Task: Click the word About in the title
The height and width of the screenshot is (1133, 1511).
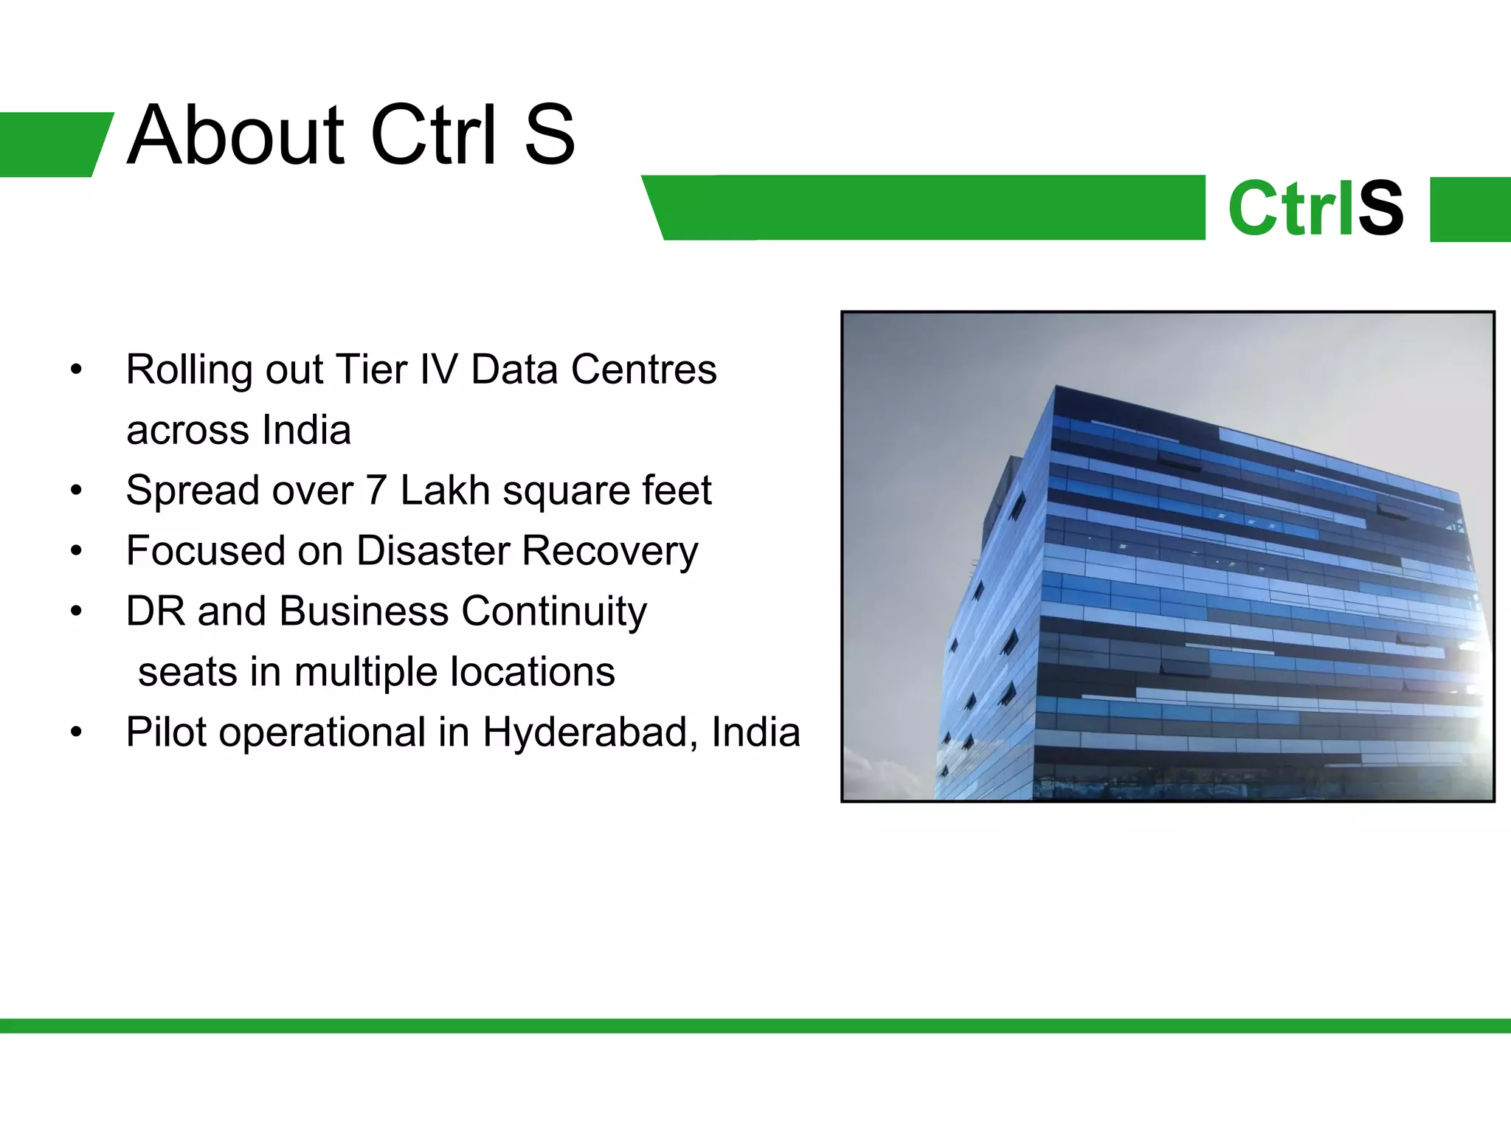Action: click(x=235, y=136)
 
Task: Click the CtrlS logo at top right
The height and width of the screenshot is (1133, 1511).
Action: click(x=1315, y=209)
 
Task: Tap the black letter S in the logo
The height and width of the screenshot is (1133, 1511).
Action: click(x=1380, y=209)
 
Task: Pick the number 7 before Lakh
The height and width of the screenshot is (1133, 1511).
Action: click(x=376, y=491)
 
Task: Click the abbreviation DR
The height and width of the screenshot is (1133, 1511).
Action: click(x=155, y=611)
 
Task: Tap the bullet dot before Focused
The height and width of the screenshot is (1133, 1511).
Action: click(x=76, y=551)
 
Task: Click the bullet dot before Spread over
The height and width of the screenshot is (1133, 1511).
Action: click(x=76, y=491)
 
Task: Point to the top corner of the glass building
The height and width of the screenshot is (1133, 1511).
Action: click(x=1057, y=387)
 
